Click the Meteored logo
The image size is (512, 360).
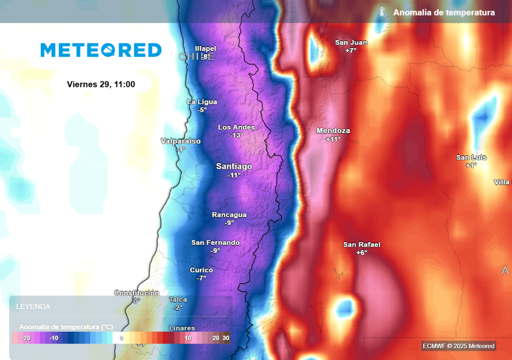[x=101, y=50]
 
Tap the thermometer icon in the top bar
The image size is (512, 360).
[x=382, y=12]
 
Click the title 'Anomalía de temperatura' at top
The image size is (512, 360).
[x=444, y=12]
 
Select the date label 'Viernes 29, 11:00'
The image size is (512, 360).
[x=101, y=84]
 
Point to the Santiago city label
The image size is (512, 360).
[x=234, y=166]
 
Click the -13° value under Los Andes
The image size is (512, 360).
[x=236, y=135]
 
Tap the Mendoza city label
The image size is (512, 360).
[x=333, y=131]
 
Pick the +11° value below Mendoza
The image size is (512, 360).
[x=333, y=139]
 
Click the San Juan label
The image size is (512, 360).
[x=351, y=42]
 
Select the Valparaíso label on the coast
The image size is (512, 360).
[x=180, y=141]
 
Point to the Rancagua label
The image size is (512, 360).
[x=229, y=215]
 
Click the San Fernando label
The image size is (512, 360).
[x=215, y=243]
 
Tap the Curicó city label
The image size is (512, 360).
[x=201, y=270]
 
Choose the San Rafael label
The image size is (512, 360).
[x=361, y=245]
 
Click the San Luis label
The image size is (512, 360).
[x=471, y=157]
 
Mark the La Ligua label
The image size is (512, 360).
[x=202, y=101]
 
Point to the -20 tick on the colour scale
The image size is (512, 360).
[x=26, y=338]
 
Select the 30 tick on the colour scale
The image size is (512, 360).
[x=226, y=338]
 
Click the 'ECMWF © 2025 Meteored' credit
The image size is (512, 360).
[x=458, y=346]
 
